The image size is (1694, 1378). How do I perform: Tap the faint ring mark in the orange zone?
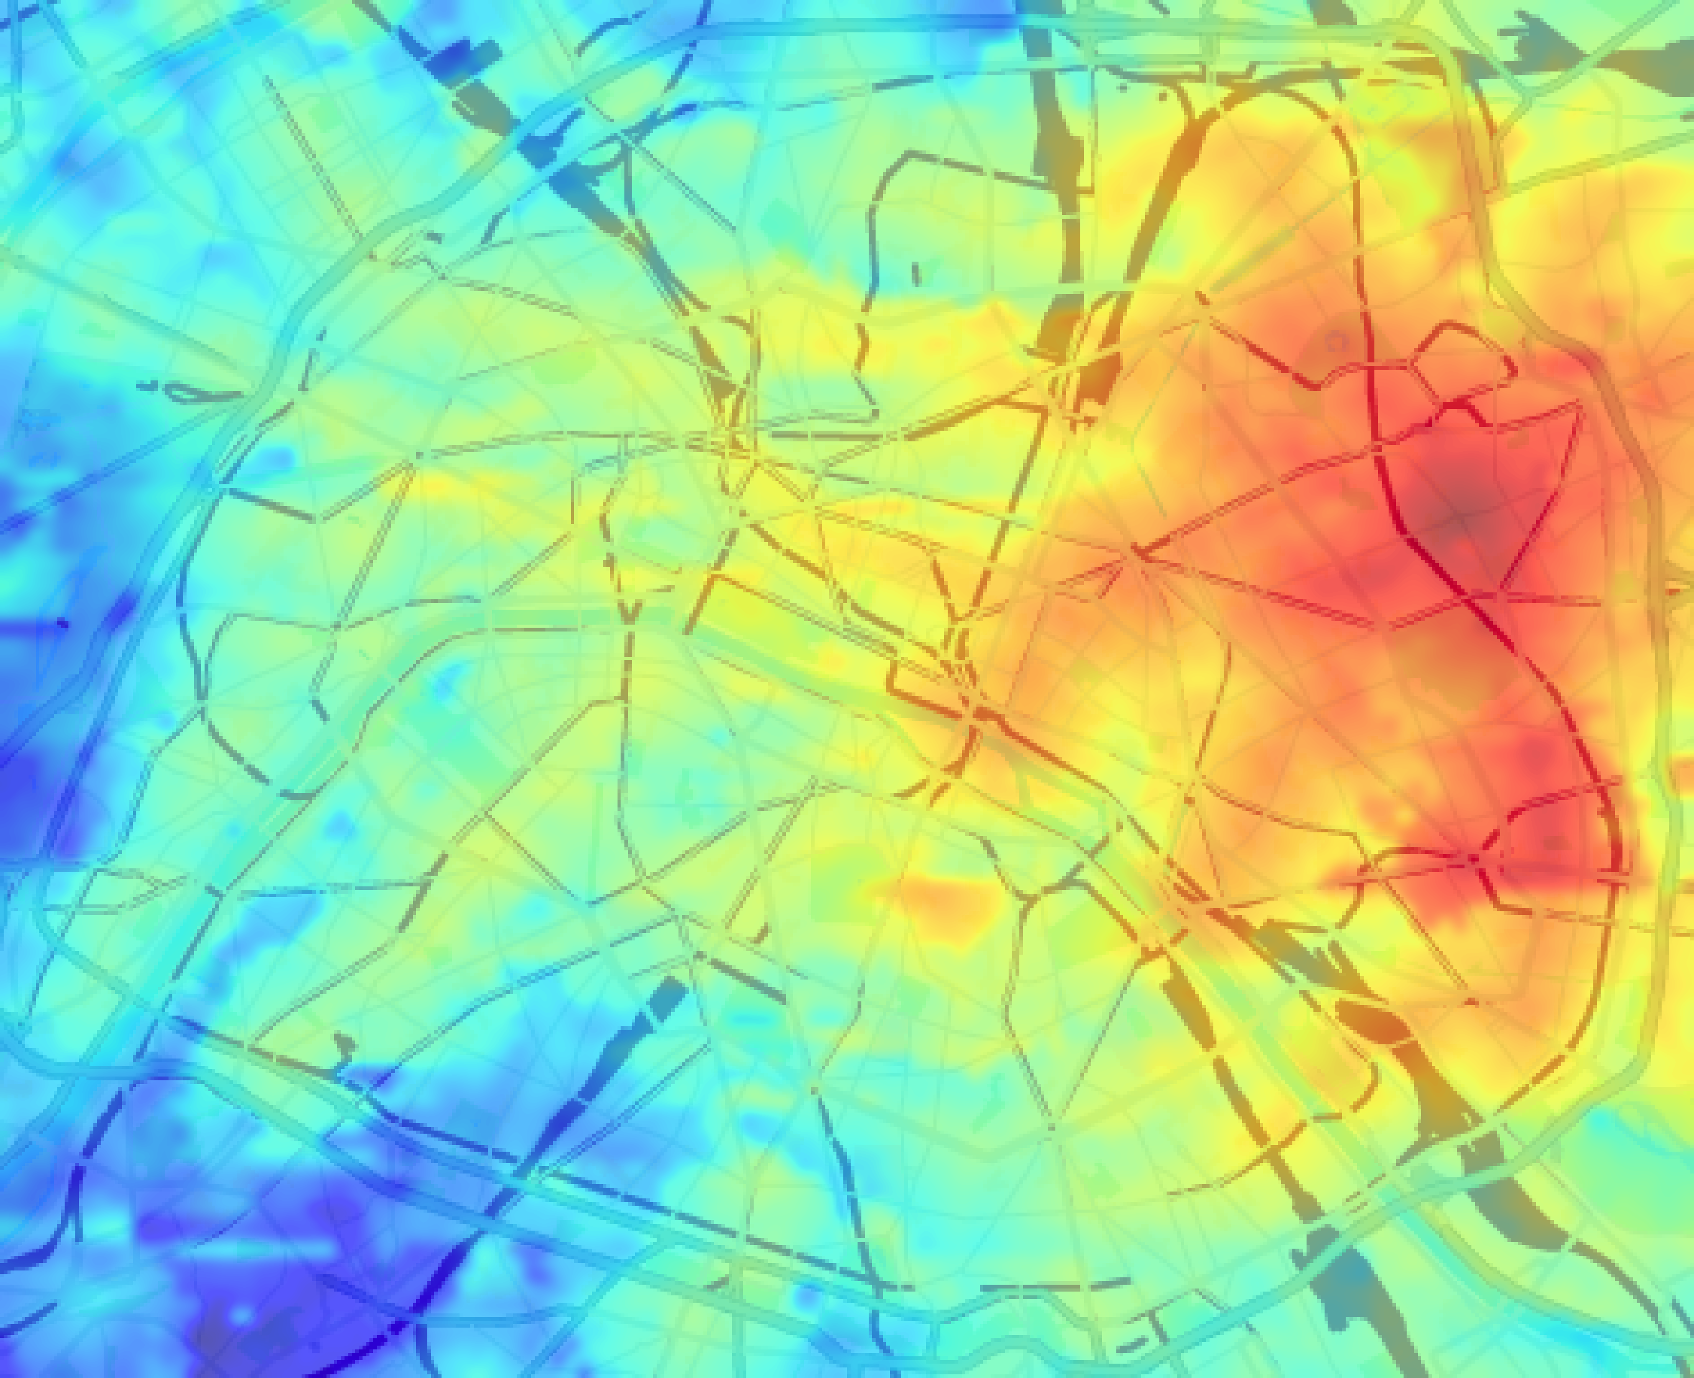(1336, 342)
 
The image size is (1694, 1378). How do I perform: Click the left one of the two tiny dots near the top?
(1122, 89)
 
